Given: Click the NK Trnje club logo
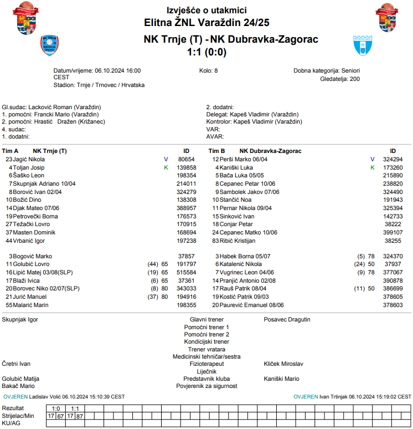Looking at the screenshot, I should (x=49, y=45).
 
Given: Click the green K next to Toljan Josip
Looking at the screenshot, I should (x=166, y=167).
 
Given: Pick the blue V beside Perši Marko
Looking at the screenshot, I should (x=373, y=159).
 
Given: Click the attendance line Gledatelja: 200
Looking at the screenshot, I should (x=340, y=79).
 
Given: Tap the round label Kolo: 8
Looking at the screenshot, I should (x=209, y=71).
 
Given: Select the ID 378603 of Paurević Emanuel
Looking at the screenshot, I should (x=393, y=305).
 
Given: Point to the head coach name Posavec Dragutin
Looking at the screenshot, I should (x=287, y=319).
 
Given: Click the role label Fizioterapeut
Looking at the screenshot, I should (x=206, y=364).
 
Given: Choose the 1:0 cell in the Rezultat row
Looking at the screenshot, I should (x=56, y=408).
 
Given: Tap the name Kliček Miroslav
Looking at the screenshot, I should (x=283, y=364).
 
